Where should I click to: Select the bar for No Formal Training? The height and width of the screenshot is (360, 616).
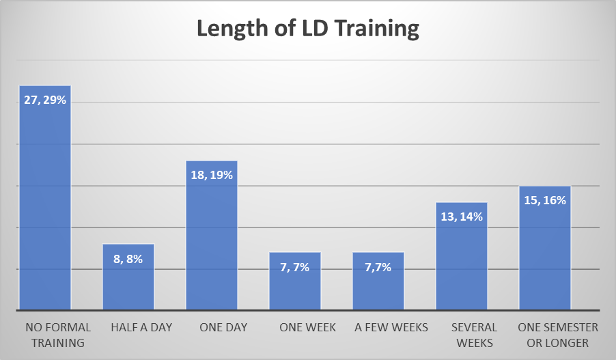coord(45,205)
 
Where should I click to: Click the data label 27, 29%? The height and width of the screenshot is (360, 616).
coord(45,100)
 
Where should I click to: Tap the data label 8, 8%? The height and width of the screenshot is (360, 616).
coord(128,258)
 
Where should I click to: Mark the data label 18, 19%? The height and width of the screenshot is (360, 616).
coord(212,175)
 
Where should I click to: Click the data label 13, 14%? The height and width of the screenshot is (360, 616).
coord(462,217)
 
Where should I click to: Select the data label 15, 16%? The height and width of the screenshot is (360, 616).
coord(545,200)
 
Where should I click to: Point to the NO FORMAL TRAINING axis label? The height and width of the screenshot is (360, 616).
coord(54,335)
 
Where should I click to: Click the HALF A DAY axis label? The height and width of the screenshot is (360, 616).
coord(141,327)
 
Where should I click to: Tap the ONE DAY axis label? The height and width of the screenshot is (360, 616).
coord(223,327)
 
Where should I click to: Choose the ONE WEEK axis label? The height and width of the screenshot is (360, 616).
coord(307,327)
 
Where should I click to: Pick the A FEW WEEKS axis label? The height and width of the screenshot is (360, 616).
coord(391,327)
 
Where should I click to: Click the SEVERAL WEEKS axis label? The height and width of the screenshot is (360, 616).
coord(474,335)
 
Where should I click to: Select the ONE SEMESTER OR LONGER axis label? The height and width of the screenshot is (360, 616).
coord(558,335)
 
